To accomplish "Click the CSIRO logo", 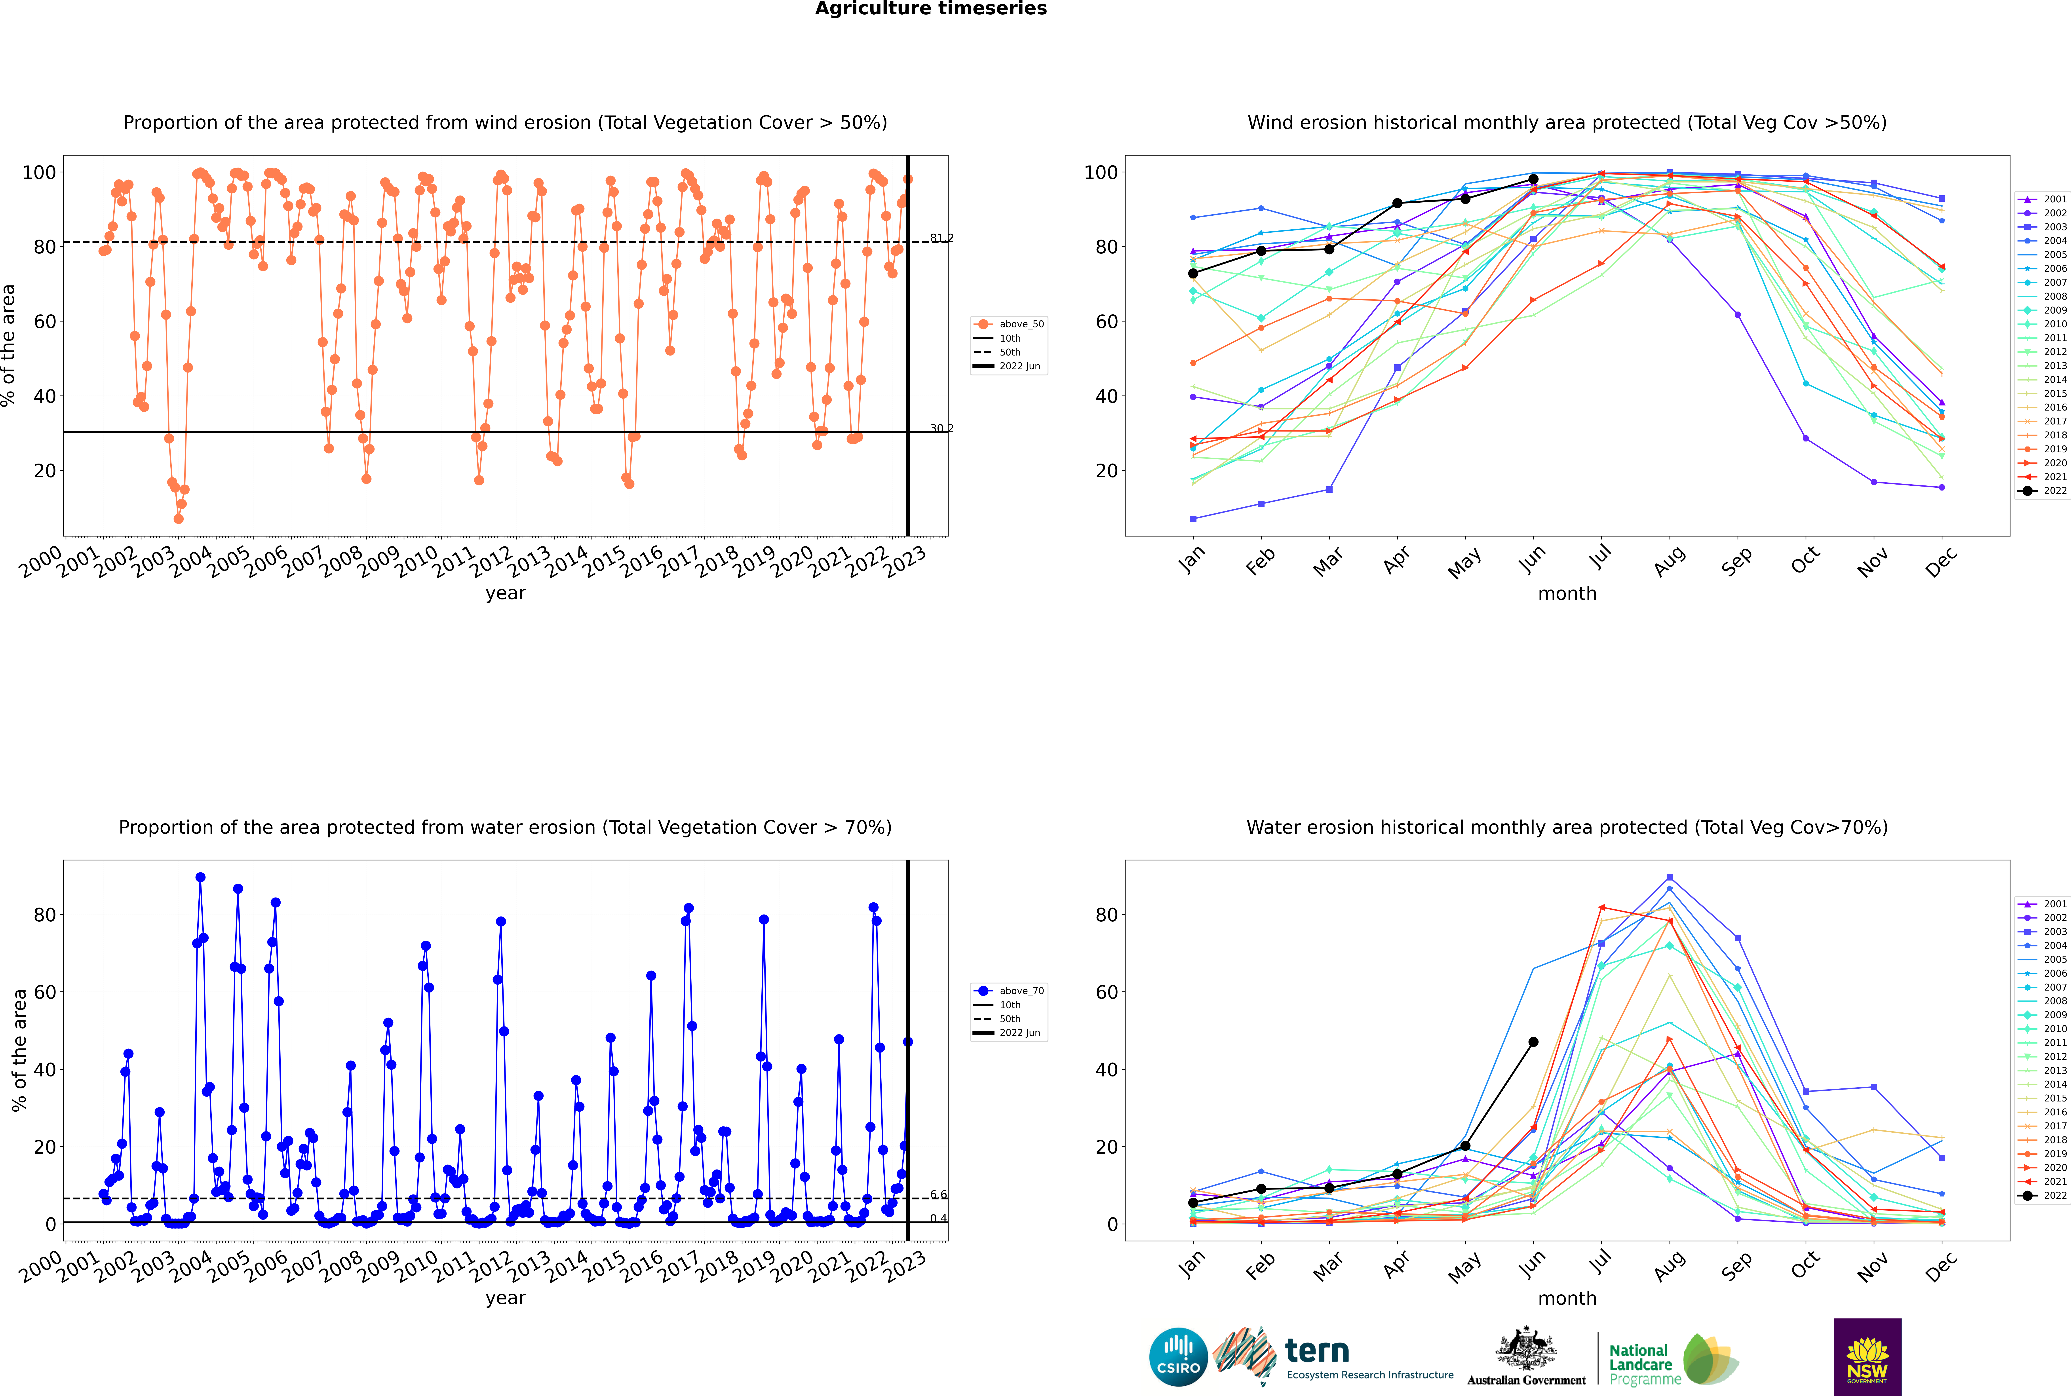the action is tap(1178, 1357).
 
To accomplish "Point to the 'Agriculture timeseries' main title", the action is tap(930, 9).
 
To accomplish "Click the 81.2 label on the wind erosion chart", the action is tap(941, 238).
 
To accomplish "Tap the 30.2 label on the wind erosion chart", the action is tap(941, 428).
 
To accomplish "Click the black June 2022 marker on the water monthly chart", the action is tap(1533, 1042).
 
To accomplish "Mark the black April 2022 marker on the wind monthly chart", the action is tap(1397, 203).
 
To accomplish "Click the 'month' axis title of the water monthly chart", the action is tap(1567, 1298).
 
